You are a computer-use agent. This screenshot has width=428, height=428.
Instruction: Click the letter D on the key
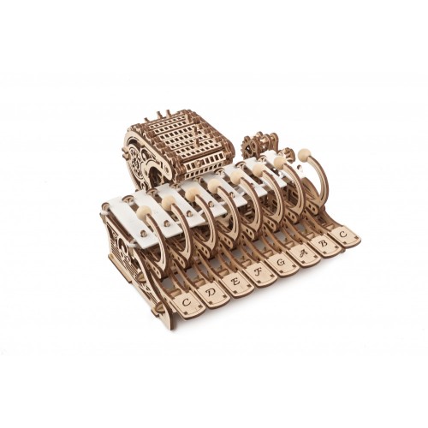pos(211,293)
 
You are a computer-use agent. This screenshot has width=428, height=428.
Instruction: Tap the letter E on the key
pos(235,282)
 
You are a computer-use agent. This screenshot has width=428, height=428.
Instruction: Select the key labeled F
pos(259,272)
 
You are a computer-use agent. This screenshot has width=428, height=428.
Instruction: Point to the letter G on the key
pos(280,263)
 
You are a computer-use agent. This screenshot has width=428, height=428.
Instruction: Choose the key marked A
pos(302,253)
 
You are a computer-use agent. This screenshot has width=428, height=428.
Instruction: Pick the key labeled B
pos(323,243)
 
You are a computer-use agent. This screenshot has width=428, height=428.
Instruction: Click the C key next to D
pos(187,303)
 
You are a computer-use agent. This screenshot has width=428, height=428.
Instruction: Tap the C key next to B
pos(343,235)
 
